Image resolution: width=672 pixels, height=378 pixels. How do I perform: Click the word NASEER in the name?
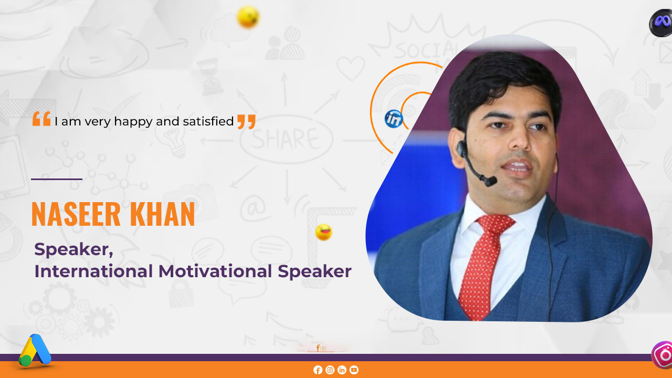[76, 214]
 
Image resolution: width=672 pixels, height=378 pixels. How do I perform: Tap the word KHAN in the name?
[162, 214]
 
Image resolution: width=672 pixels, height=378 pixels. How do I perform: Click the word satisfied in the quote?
[208, 121]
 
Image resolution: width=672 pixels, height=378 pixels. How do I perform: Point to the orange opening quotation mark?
[41, 119]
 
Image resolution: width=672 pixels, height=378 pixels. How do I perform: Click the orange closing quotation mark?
[246, 121]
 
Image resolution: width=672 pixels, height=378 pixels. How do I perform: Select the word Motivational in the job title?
[215, 271]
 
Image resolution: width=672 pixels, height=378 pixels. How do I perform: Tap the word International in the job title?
[94, 271]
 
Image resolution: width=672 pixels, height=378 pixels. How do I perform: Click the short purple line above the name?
[57, 179]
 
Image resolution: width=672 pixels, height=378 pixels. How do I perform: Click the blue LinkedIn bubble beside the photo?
[394, 119]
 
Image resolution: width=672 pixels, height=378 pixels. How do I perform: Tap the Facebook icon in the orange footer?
[318, 370]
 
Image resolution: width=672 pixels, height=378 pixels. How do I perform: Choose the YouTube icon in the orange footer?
[354, 370]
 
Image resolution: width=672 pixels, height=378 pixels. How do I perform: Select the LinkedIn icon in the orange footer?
[342, 370]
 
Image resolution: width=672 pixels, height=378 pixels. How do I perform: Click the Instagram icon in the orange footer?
[330, 370]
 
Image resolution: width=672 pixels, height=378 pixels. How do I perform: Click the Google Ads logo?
[35, 350]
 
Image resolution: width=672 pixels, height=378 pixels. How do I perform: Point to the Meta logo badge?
[661, 23]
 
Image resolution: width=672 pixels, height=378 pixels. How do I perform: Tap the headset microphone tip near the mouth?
[490, 181]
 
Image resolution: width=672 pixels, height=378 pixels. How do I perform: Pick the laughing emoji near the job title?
[324, 232]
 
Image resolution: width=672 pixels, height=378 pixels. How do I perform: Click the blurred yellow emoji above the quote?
[248, 17]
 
